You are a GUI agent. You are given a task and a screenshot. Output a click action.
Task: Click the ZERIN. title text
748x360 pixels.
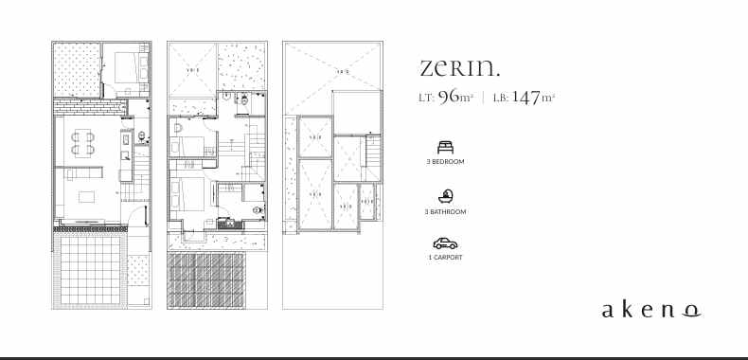[x=459, y=68]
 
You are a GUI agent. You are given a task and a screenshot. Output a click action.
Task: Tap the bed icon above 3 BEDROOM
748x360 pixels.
[x=445, y=147]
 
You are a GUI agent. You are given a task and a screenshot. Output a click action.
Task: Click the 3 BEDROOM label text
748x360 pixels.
[x=445, y=162]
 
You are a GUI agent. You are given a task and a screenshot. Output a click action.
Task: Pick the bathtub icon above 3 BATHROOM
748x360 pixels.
[x=445, y=196]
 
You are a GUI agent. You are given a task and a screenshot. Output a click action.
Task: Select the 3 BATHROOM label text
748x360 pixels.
[x=445, y=212]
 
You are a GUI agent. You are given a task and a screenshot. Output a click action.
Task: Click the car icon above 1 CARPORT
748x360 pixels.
[x=445, y=243]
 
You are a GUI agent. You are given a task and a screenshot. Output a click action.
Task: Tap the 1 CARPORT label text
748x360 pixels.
[x=445, y=257]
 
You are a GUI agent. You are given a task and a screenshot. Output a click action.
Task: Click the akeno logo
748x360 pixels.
[x=651, y=310]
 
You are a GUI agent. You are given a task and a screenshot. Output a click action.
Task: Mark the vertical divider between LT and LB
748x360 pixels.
[x=483, y=98]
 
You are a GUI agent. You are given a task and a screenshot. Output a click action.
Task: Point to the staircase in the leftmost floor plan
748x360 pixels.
[x=141, y=174]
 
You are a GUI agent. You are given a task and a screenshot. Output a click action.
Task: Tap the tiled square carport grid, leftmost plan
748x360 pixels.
[x=88, y=270]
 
